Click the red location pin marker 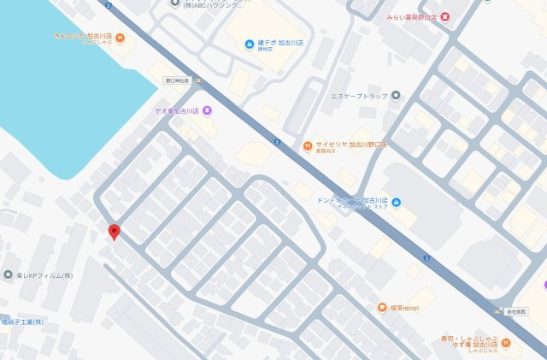click(114, 232)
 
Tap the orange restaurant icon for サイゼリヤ click(306, 146)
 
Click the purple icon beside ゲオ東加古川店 click(208, 111)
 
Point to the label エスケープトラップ click(359, 96)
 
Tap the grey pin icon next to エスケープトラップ click(395, 96)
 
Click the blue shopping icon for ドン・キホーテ click(395, 202)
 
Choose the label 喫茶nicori click(408, 307)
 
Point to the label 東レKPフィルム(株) click(44, 275)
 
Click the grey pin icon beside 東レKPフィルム click(8, 275)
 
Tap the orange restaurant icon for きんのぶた click(120, 38)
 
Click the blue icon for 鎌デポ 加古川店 click(249, 44)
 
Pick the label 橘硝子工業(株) click(22, 322)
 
